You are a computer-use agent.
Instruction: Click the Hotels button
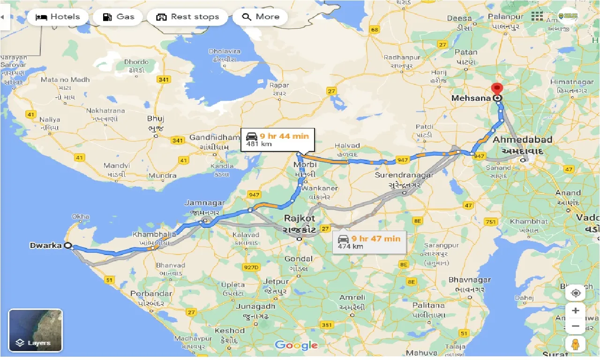coord(58,17)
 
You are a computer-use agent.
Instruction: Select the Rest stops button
coord(187,17)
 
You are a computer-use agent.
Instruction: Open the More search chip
coord(261,17)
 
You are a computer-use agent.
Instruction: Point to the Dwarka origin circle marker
coord(68,245)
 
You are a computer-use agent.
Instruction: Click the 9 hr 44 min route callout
coord(277,140)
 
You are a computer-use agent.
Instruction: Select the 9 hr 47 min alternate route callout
coord(369,242)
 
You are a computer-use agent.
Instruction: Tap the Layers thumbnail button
coord(35,330)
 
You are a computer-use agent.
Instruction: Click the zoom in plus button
coord(576,310)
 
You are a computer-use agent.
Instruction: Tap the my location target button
coord(576,293)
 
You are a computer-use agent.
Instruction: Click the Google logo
coord(296,345)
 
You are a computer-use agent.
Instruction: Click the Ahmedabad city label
coord(523,140)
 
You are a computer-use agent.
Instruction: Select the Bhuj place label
coord(156,119)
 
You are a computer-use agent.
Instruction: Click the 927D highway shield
coord(251,268)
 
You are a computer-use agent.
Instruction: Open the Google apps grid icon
coord(537,16)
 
